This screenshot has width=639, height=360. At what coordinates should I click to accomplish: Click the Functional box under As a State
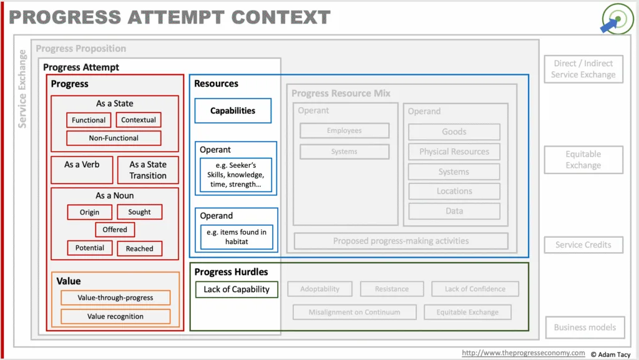[89, 120]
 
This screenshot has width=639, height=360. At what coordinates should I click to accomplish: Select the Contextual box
[139, 120]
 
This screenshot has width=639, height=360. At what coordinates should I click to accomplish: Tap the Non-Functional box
[114, 138]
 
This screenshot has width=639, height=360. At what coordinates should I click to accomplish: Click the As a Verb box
[82, 170]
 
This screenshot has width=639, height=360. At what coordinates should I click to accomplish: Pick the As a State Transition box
[148, 170]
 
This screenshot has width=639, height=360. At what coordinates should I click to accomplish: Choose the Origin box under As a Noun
[90, 212]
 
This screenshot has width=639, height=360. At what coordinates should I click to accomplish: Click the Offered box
[115, 230]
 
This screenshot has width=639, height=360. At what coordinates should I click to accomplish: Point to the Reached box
[139, 248]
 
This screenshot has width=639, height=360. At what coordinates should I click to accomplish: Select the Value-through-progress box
[115, 298]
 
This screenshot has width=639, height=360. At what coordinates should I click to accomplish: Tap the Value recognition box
[115, 316]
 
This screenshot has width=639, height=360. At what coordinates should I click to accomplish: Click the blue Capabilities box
[233, 111]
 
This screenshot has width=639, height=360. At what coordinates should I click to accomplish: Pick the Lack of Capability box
[237, 289]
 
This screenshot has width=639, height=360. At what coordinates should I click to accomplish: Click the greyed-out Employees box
[344, 131]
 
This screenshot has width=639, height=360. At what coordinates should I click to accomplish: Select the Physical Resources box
[454, 152]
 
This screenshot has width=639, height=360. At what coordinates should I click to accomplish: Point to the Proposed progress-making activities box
[401, 241]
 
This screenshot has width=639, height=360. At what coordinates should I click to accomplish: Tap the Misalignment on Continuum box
[354, 313]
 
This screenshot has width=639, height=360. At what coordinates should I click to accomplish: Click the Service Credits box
[583, 245]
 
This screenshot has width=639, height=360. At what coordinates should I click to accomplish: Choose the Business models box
[585, 328]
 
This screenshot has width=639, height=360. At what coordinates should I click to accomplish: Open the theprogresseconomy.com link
[524, 353]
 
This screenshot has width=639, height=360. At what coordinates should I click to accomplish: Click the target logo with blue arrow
[617, 19]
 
